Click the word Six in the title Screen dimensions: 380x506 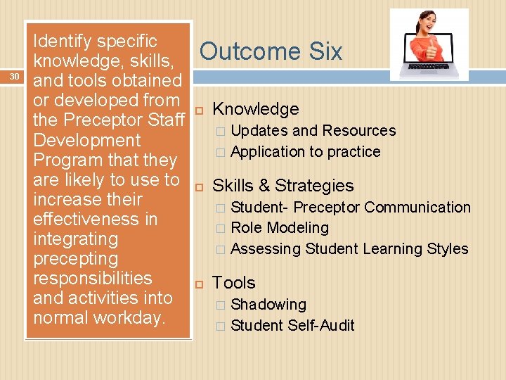click(319, 51)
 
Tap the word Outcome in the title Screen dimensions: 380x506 click(243, 51)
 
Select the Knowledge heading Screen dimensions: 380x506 click(255, 109)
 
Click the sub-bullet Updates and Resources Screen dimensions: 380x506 click(313, 131)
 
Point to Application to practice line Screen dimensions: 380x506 click(305, 152)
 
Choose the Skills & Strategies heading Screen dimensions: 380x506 click(283, 186)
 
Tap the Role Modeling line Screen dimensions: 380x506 click(279, 228)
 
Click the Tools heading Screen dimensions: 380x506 click(233, 283)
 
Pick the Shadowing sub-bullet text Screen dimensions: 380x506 click(268, 305)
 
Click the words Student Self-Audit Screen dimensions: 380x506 click(292, 326)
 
